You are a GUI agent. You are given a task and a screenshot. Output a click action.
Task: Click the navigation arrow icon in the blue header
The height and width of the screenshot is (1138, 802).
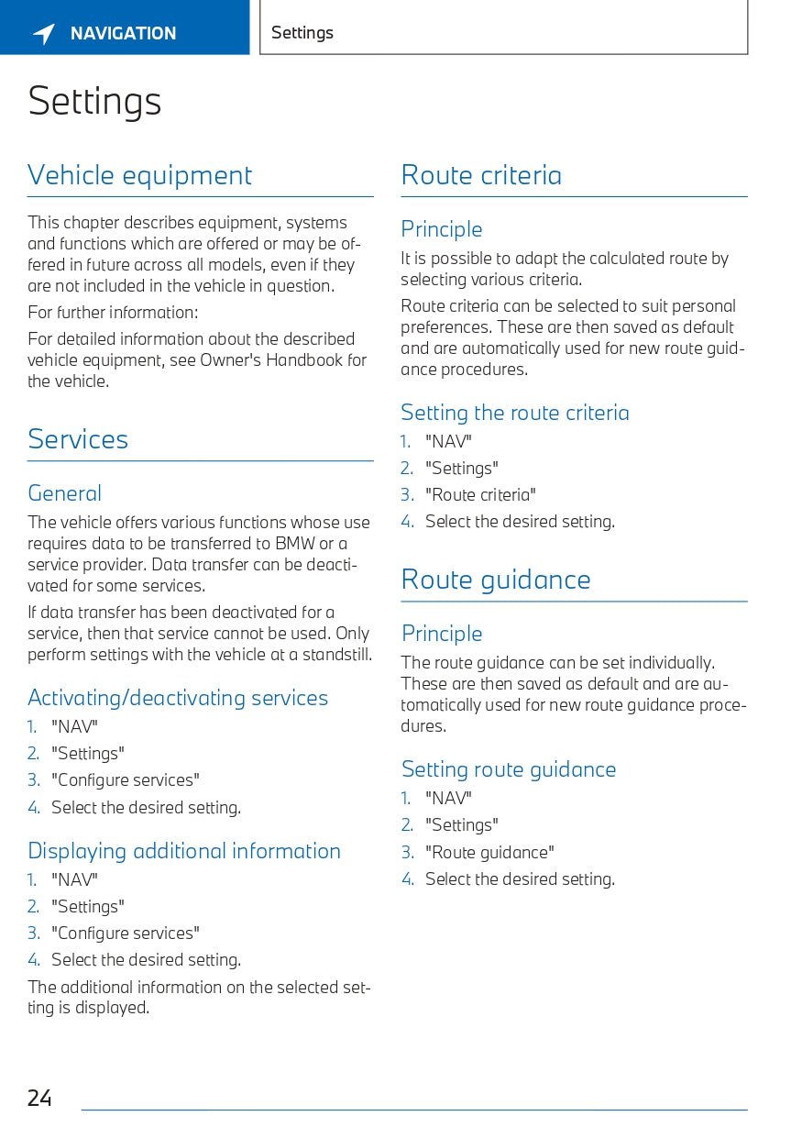(44, 34)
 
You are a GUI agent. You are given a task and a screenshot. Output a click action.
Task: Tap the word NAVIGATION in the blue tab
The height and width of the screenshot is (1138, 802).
(123, 34)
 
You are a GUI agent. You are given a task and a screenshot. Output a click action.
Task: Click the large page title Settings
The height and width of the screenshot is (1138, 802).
(94, 101)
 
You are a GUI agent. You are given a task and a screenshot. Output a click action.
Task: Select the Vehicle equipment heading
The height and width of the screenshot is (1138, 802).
(139, 175)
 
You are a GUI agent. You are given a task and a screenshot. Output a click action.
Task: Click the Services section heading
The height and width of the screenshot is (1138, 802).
(78, 439)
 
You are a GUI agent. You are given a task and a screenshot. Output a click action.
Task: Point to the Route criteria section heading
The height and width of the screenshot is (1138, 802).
(481, 175)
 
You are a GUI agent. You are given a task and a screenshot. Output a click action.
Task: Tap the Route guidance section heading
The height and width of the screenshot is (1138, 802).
(496, 580)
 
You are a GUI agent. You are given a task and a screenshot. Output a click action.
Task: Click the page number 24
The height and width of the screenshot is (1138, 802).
(39, 1098)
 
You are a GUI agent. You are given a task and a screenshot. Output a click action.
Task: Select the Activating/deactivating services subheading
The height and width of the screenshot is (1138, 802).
(178, 698)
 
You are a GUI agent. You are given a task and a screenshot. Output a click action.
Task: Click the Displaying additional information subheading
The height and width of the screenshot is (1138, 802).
(184, 851)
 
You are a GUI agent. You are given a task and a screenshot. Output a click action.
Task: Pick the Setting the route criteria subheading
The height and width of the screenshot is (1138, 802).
(515, 413)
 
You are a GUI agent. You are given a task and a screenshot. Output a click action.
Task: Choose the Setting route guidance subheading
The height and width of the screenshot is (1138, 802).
(509, 769)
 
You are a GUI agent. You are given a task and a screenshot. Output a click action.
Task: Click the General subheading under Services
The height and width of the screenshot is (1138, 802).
(64, 493)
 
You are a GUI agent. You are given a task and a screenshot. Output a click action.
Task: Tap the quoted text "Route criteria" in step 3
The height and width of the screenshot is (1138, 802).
(480, 495)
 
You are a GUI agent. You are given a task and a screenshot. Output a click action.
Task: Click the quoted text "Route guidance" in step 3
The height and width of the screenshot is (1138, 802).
(489, 853)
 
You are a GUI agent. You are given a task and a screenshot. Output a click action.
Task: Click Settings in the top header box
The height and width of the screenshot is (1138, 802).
(302, 33)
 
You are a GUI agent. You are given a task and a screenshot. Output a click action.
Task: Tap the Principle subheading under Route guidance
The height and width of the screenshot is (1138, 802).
(442, 634)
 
